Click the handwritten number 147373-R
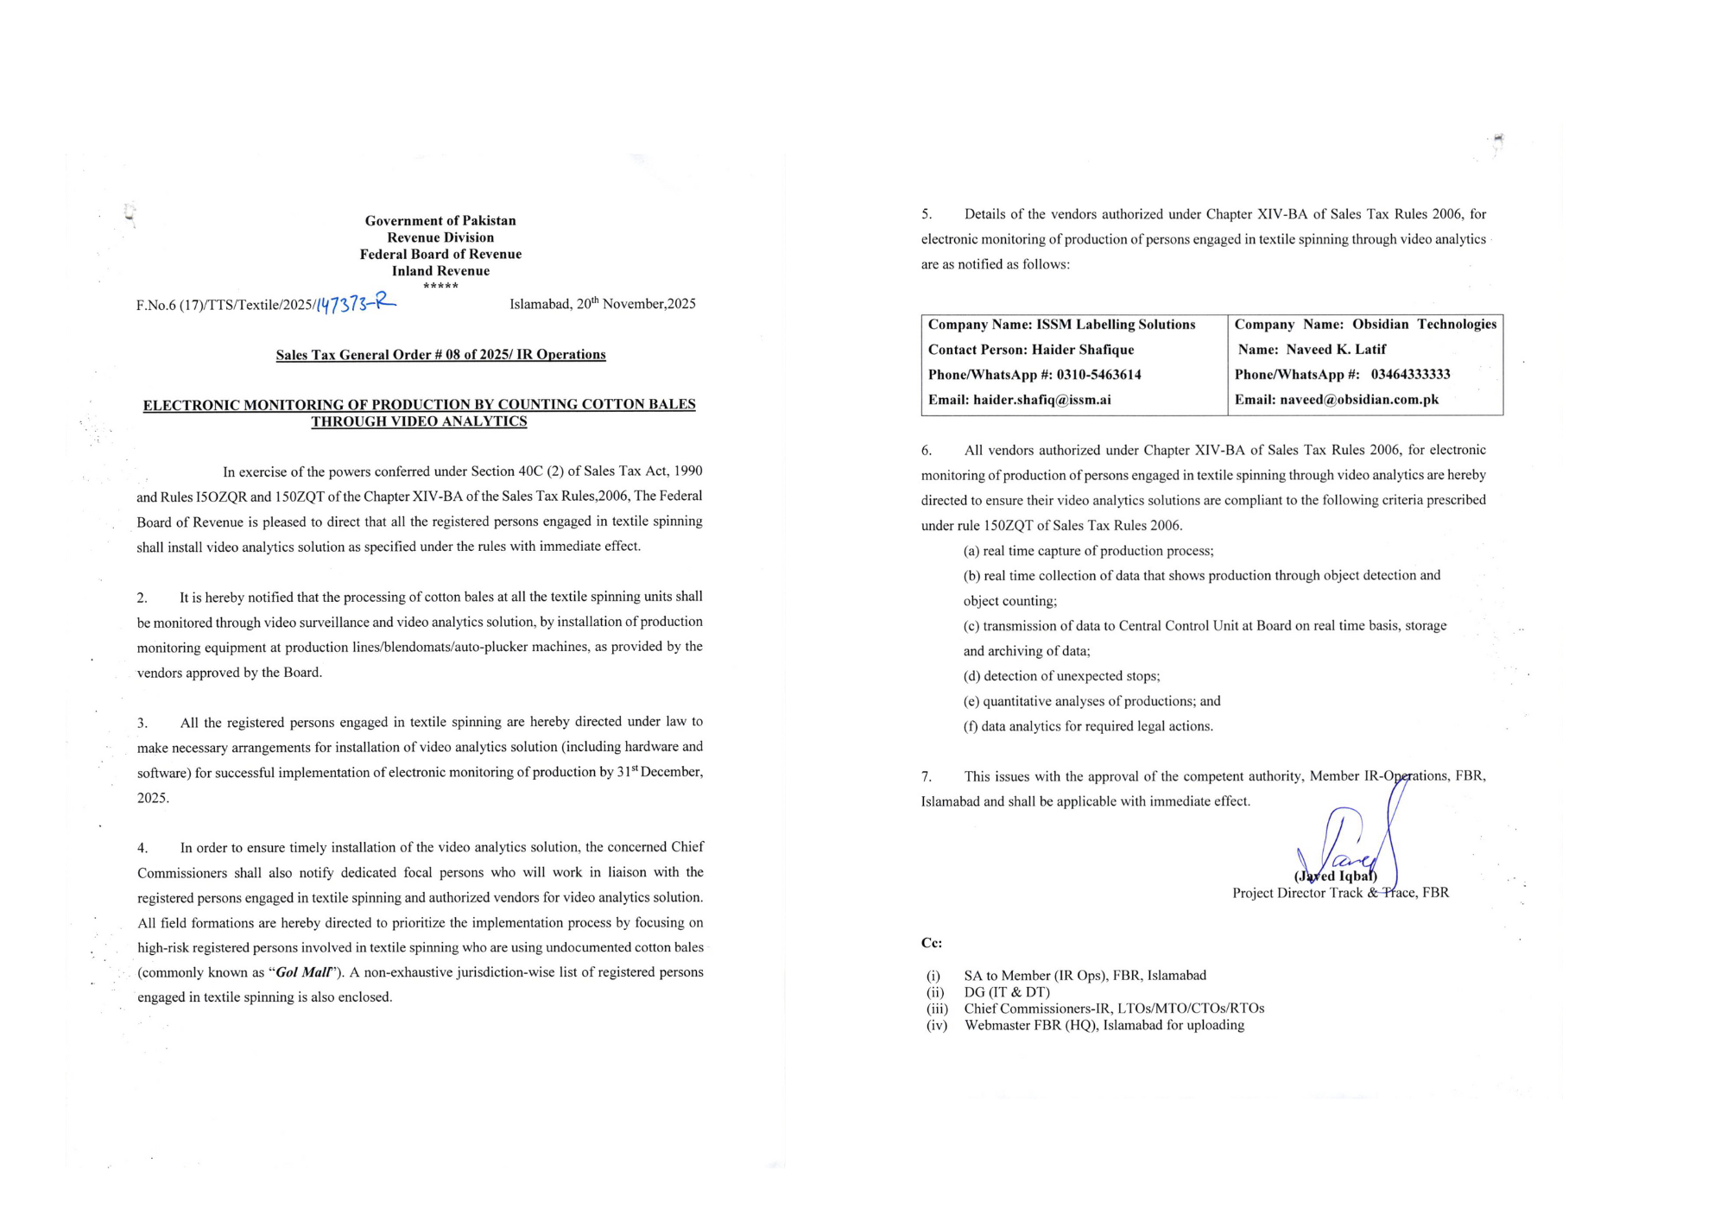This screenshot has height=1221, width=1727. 355,303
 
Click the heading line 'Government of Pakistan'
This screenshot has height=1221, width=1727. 440,221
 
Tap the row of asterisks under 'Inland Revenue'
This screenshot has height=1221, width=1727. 440,286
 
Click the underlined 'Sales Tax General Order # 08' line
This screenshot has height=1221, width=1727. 440,355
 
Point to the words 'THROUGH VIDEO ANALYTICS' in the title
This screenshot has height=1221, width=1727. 419,421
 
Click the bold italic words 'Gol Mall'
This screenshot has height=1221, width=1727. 303,972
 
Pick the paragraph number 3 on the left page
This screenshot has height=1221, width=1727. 142,723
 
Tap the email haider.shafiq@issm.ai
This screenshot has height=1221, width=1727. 1041,400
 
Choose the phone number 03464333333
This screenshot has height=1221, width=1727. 1410,375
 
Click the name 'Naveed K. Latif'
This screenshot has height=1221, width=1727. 1336,350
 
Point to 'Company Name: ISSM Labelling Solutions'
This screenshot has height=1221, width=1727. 1061,325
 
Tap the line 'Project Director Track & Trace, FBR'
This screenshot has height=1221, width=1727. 1340,893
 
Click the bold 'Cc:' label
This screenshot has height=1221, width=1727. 931,943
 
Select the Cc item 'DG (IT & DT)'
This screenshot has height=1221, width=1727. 1007,992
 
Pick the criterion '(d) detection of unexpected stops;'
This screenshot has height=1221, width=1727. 1061,676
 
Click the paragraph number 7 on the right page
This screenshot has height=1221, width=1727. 926,777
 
